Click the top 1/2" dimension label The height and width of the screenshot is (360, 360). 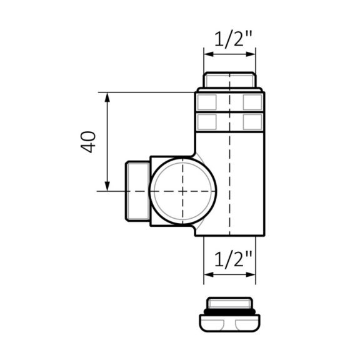(233, 39)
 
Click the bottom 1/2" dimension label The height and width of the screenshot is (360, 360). (233, 259)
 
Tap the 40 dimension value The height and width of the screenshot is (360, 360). (88, 142)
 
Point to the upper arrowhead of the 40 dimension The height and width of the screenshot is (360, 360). (107, 97)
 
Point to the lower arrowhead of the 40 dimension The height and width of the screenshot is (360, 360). (107, 186)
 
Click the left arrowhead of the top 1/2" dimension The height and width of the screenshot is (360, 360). (209, 54)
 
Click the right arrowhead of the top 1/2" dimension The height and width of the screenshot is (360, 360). (251, 54)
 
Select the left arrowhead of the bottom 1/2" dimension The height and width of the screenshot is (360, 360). (209, 274)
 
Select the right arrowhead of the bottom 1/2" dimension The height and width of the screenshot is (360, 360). (251, 274)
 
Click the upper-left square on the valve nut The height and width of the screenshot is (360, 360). (207, 102)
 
